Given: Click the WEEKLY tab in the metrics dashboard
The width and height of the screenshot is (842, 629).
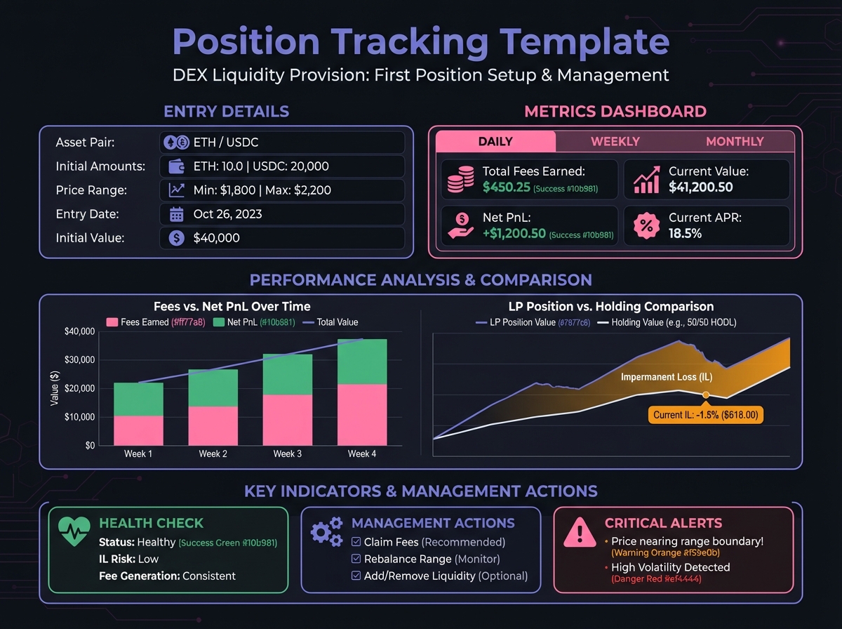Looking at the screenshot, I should (x=615, y=141).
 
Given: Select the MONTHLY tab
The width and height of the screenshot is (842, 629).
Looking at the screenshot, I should (x=734, y=141).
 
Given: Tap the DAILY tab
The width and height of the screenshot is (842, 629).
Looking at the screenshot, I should (x=495, y=141).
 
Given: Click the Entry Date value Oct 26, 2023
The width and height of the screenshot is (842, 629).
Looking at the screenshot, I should (x=227, y=214).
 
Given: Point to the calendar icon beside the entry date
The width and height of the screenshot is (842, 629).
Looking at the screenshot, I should (x=177, y=214).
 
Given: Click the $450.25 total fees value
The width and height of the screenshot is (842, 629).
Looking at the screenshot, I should (x=506, y=187).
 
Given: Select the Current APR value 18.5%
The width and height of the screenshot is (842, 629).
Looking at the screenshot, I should (x=685, y=233).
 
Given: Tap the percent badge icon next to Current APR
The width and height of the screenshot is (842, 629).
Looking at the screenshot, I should (x=646, y=226).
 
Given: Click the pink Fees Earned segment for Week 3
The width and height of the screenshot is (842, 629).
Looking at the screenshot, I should (x=287, y=420).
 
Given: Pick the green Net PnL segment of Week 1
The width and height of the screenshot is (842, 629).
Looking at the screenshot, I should (x=138, y=399).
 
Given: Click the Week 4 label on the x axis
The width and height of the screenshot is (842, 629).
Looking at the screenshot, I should (x=361, y=454).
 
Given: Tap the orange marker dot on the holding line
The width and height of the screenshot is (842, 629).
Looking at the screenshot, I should (x=706, y=395).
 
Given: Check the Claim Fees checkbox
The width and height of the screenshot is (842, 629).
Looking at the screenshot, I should (x=356, y=542).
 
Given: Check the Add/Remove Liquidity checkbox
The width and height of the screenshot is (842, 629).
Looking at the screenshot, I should (x=356, y=576).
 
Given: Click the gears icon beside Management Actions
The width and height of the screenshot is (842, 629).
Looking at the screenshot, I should (x=327, y=531).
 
